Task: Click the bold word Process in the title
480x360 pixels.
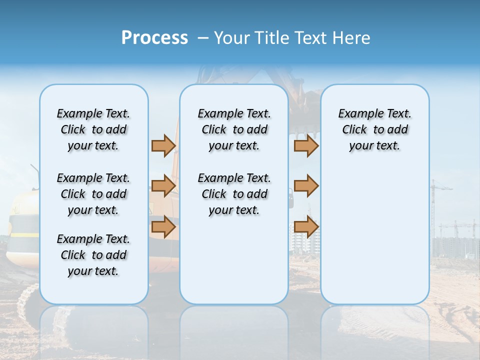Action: (x=154, y=38)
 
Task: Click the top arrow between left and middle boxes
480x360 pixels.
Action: (x=163, y=145)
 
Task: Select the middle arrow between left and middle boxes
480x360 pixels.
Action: (x=163, y=186)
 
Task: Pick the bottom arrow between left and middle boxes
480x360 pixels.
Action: (x=163, y=226)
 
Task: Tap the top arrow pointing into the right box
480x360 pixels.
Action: (x=306, y=145)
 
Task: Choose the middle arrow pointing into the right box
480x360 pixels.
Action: (x=306, y=186)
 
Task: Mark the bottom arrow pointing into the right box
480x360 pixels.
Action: (x=306, y=226)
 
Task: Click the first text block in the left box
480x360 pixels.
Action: (x=93, y=129)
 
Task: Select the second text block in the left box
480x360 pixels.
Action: (x=93, y=194)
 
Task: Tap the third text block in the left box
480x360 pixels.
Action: (x=93, y=255)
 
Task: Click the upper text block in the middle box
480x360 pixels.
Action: (x=234, y=129)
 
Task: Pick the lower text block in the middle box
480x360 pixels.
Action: (x=234, y=194)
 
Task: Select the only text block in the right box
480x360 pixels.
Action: (x=374, y=129)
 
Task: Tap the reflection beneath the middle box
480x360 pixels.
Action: (x=234, y=330)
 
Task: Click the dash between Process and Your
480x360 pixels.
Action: (x=203, y=38)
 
